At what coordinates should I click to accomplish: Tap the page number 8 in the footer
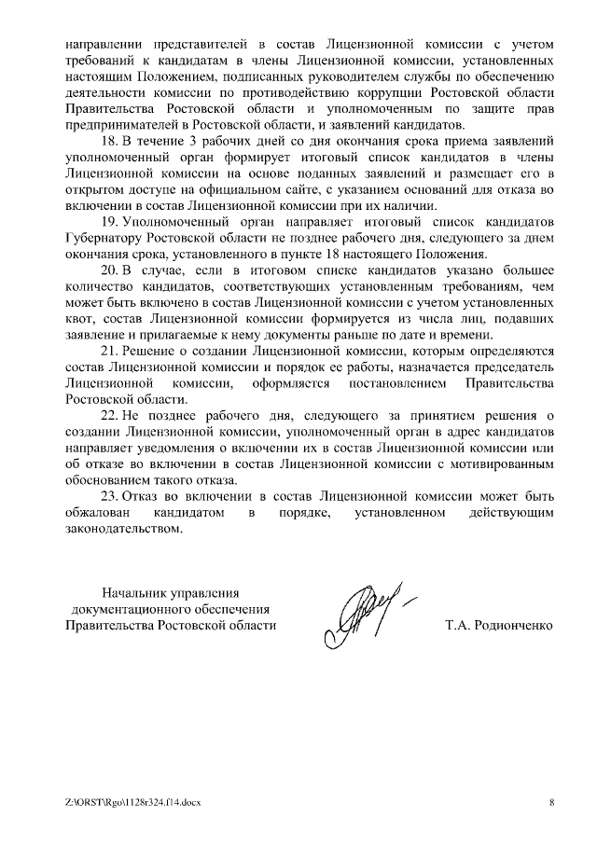pos(551,802)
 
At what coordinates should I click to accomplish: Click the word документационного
pos(134,608)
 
